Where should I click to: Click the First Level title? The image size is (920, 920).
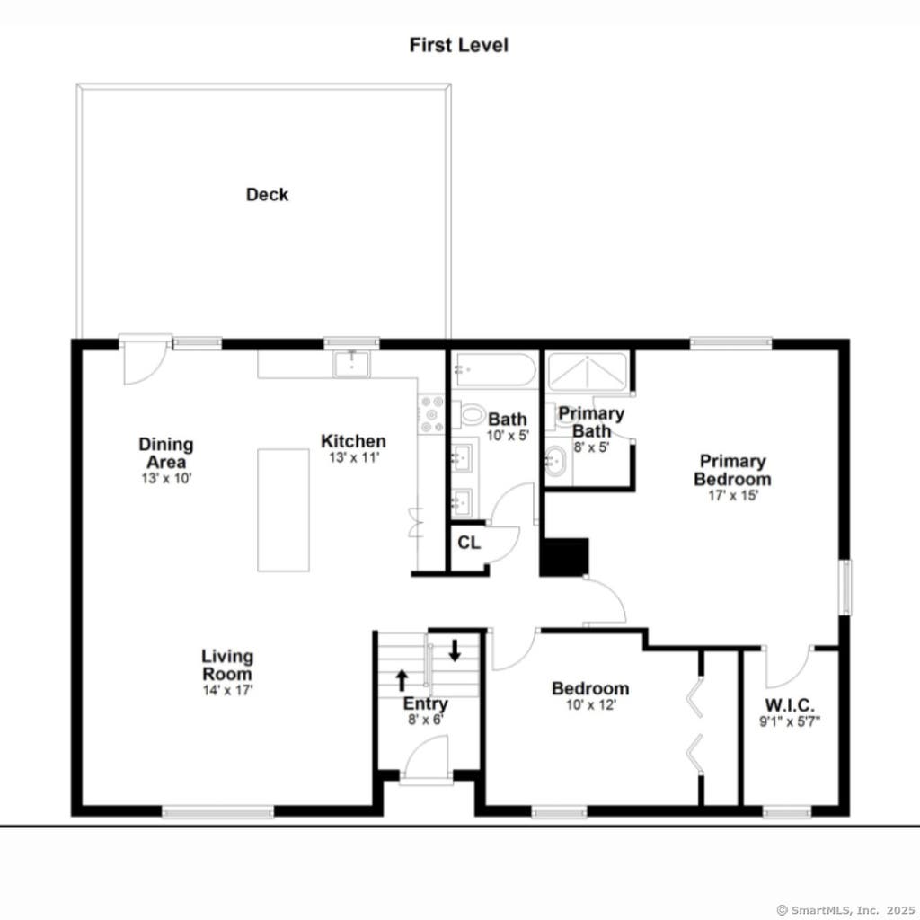click(459, 45)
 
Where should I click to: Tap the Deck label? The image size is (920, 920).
click(267, 195)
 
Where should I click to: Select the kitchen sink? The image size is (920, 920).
click(351, 365)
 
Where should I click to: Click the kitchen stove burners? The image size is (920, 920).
click(431, 414)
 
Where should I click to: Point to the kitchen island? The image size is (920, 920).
click(283, 510)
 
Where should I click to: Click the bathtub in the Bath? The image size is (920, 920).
click(493, 369)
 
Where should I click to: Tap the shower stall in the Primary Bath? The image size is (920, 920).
click(587, 372)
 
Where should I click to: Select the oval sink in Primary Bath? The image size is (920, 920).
click(554, 461)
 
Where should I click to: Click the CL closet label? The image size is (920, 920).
click(469, 543)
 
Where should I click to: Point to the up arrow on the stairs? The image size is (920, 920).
click(402, 680)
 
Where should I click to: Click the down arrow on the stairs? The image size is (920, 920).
click(455, 650)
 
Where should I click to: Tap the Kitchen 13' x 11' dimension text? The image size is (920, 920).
click(354, 457)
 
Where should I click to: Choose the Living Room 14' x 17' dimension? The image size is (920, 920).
click(227, 691)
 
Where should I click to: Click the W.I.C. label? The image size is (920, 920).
click(789, 704)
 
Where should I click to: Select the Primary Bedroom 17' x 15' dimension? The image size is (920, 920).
click(733, 495)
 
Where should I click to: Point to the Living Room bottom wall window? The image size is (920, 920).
click(217, 812)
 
